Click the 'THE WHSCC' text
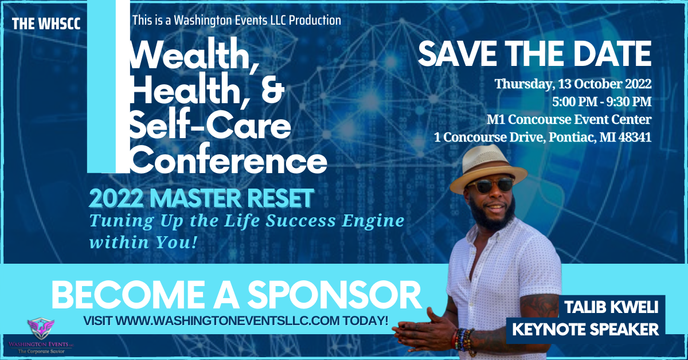pyautogui.click(x=46, y=24)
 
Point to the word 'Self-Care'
pyautogui.click(x=210, y=124)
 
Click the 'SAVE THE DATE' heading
pyautogui.click(x=535, y=53)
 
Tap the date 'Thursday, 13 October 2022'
pyautogui.click(x=573, y=84)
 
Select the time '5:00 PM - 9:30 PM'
pyautogui.click(x=601, y=101)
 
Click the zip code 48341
pyautogui.click(x=635, y=137)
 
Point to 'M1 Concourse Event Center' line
pyautogui.click(x=569, y=119)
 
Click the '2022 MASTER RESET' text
pyautogui.click(x=201, y=198)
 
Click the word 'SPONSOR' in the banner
pyautogui.click(x=334, y=295)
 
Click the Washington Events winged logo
pyautogui.click(x=41, y=328)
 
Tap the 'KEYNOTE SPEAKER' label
pyautogui.click(x=585, y=329)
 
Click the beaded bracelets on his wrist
pyautogui.click(x=463, y=339)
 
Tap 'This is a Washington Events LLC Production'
pyautogui.click(x=236, y=20)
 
